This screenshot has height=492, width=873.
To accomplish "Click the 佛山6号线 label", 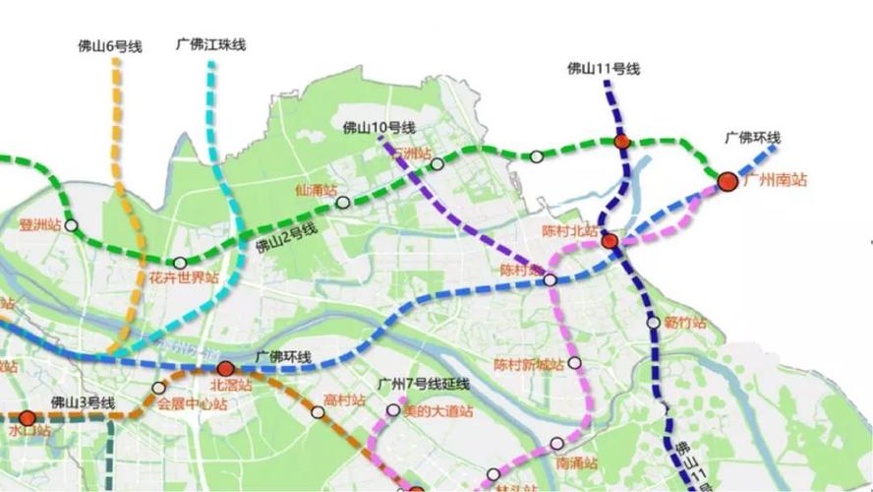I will pyautogui.click(x=110, y=45).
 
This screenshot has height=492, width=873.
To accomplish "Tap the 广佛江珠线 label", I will pyautogui.click(x=210, y=44).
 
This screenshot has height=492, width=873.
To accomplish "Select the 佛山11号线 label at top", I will pyautogui.click(x=604, y=68).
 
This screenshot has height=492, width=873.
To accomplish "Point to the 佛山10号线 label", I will pyautogui.click(x=379, y=128).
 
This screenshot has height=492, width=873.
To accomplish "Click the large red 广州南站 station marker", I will pyautogui.click(x=727, y=181).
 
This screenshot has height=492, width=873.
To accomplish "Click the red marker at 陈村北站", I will pyautogui.click(x=610, y=240).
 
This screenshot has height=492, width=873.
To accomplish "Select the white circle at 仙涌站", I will pyautogui.click(x=342, y=203).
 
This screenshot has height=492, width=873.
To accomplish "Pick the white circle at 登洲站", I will pyautogui.click(x=71, y=225).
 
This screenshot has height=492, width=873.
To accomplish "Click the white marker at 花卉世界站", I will pyautogui.click(x=180, y=263).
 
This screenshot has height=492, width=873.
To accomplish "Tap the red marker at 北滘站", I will pyautogui.click(x=225, y=369).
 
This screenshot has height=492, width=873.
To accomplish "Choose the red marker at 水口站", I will pyautogui.click(x=28, y=417).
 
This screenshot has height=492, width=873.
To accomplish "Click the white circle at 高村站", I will pyautogui.click(x=318, y=412).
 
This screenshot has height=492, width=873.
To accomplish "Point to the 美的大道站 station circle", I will pyautogui.click(x=393, y=409).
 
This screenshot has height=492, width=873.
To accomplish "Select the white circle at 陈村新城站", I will pyautogui.click(x=574, y=363).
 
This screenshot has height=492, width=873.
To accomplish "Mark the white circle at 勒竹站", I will pyautogui.click(x=653, y=322).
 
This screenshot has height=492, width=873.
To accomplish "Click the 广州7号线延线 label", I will pyautogui.click(x=424, y=384).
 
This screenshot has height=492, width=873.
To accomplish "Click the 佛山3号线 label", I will pyautogui.click(x=83, y=402).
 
